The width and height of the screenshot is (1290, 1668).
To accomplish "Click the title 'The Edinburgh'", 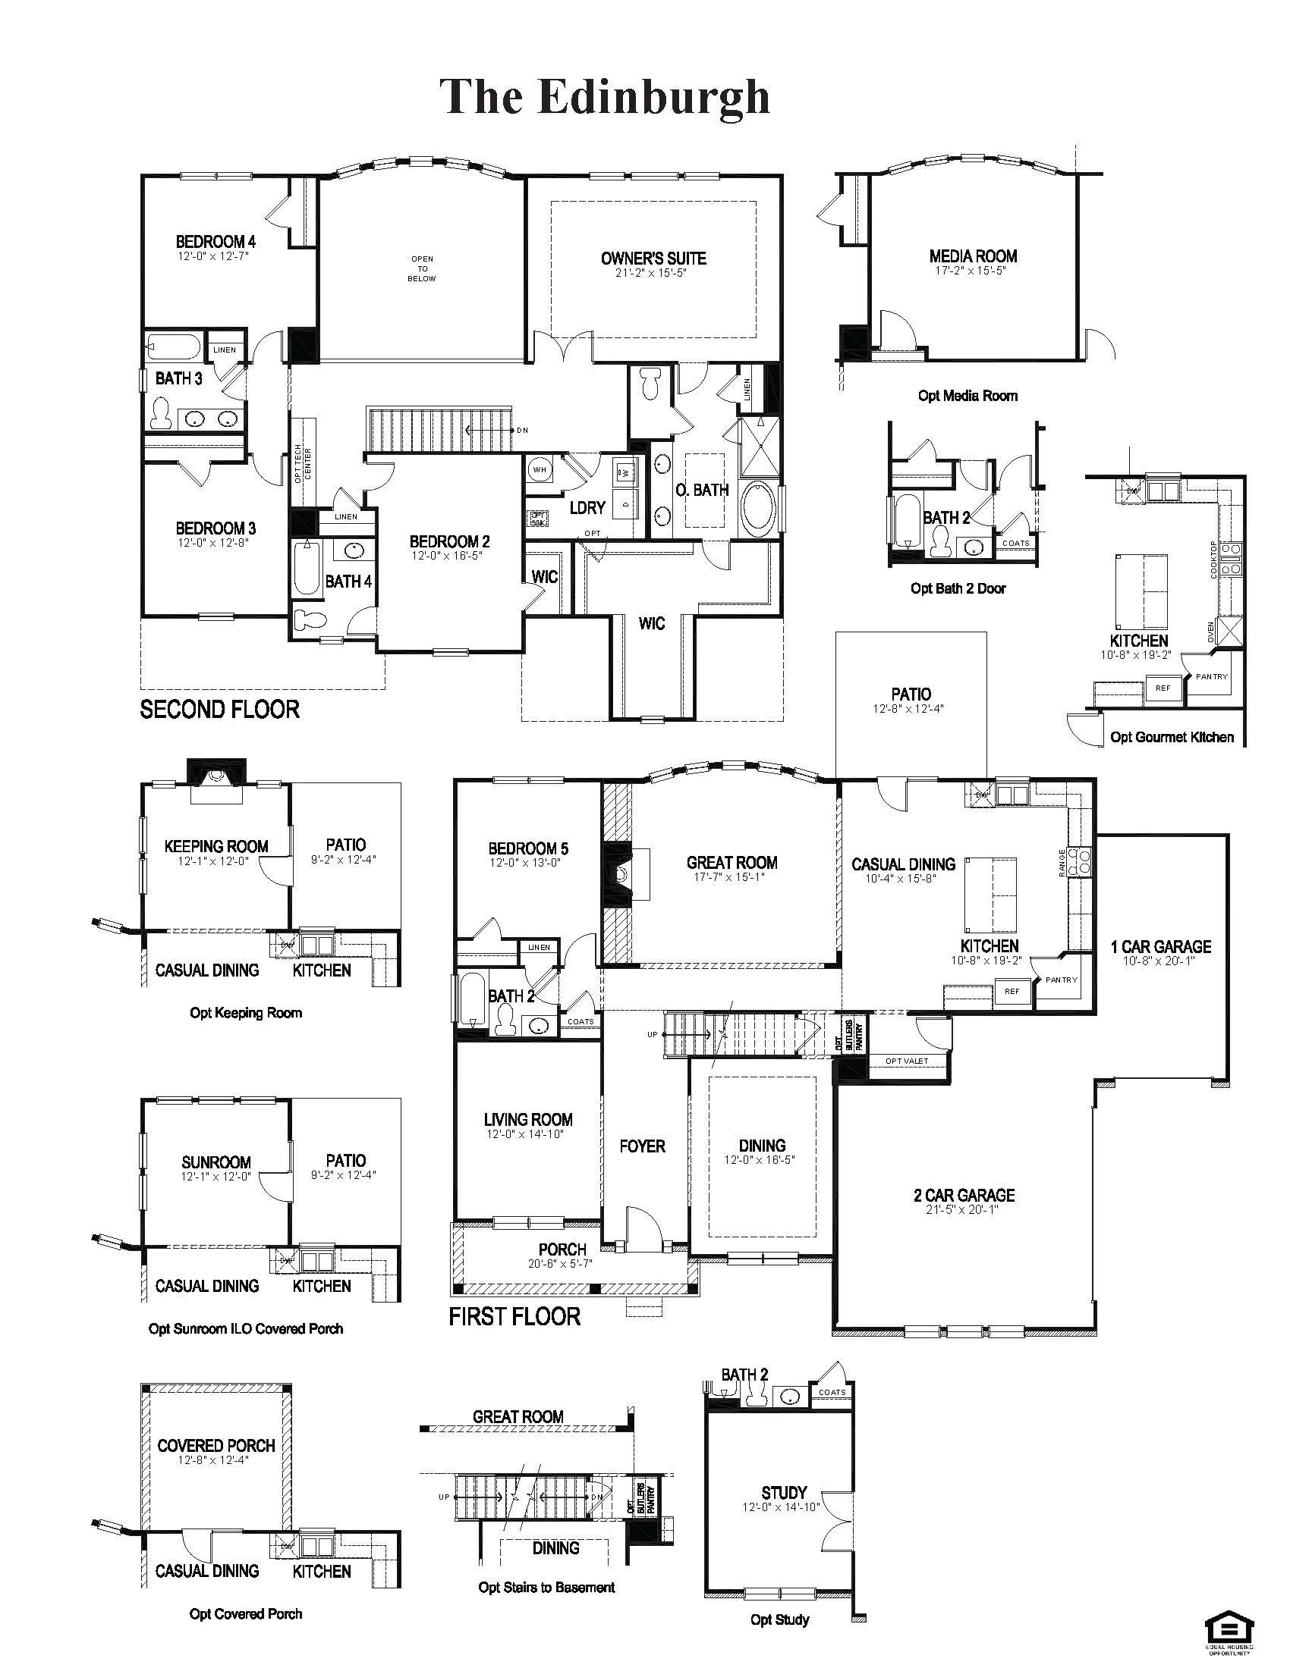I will [605, 97].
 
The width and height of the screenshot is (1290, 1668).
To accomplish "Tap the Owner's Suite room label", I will [653, 259].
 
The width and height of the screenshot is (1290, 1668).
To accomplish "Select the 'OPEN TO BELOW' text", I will [422, 269].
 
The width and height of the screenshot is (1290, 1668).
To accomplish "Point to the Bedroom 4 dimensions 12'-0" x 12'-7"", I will [213, 256].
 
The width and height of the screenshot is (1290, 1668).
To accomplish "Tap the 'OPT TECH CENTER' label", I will [303, 462].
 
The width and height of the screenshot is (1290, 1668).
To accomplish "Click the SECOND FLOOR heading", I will [219, 710].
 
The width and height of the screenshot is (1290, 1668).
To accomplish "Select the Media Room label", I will [973, 256].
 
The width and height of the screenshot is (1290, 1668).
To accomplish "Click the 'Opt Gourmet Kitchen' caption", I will [1172, 737].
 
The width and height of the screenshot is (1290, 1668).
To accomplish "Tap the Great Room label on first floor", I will [732, 863].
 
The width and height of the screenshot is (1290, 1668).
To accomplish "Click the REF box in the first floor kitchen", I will [1012, 992].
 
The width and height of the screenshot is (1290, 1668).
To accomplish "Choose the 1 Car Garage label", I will [1160, 947].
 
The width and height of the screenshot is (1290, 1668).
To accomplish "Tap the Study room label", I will [784, 1493].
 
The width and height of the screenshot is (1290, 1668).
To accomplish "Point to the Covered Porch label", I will [216, 1446].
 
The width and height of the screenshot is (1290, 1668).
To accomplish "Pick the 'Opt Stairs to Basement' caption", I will [546, 1587].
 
